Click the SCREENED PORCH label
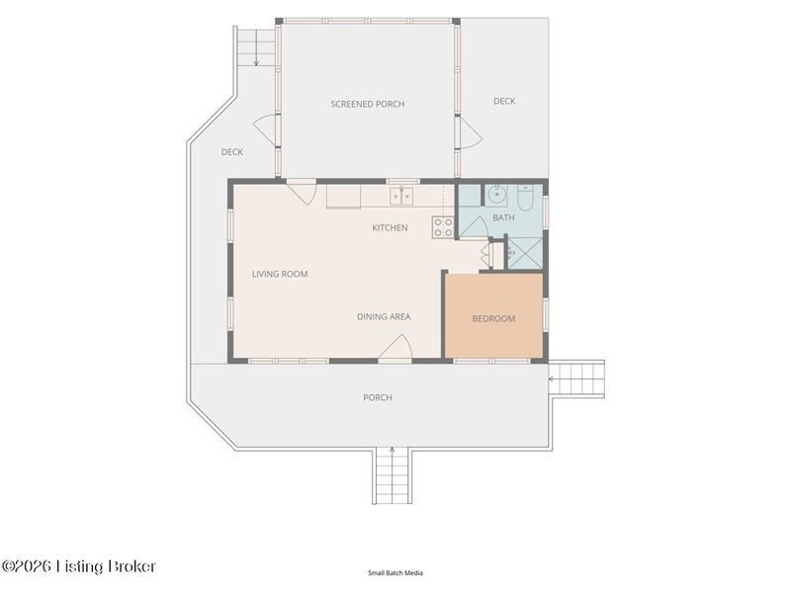click(367, 104)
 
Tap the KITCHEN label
click(390, 228)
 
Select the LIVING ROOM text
click(280, 275)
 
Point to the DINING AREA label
click(384, 316)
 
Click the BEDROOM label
click(493, 318)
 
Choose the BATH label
click(503, 217)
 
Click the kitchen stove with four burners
click(442, 227)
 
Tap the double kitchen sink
click(401, 196)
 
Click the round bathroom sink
click(497, 195)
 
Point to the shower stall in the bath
click(525, 253)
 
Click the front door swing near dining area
click(395, 347)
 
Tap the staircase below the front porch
click(392, 475)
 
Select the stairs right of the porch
click(576, 379)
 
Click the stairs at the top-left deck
click(256, 46)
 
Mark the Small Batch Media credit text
click(395, 573)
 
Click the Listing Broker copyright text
click(79, 566)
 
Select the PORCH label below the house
click(378, 397)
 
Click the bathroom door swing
click(473, 227)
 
